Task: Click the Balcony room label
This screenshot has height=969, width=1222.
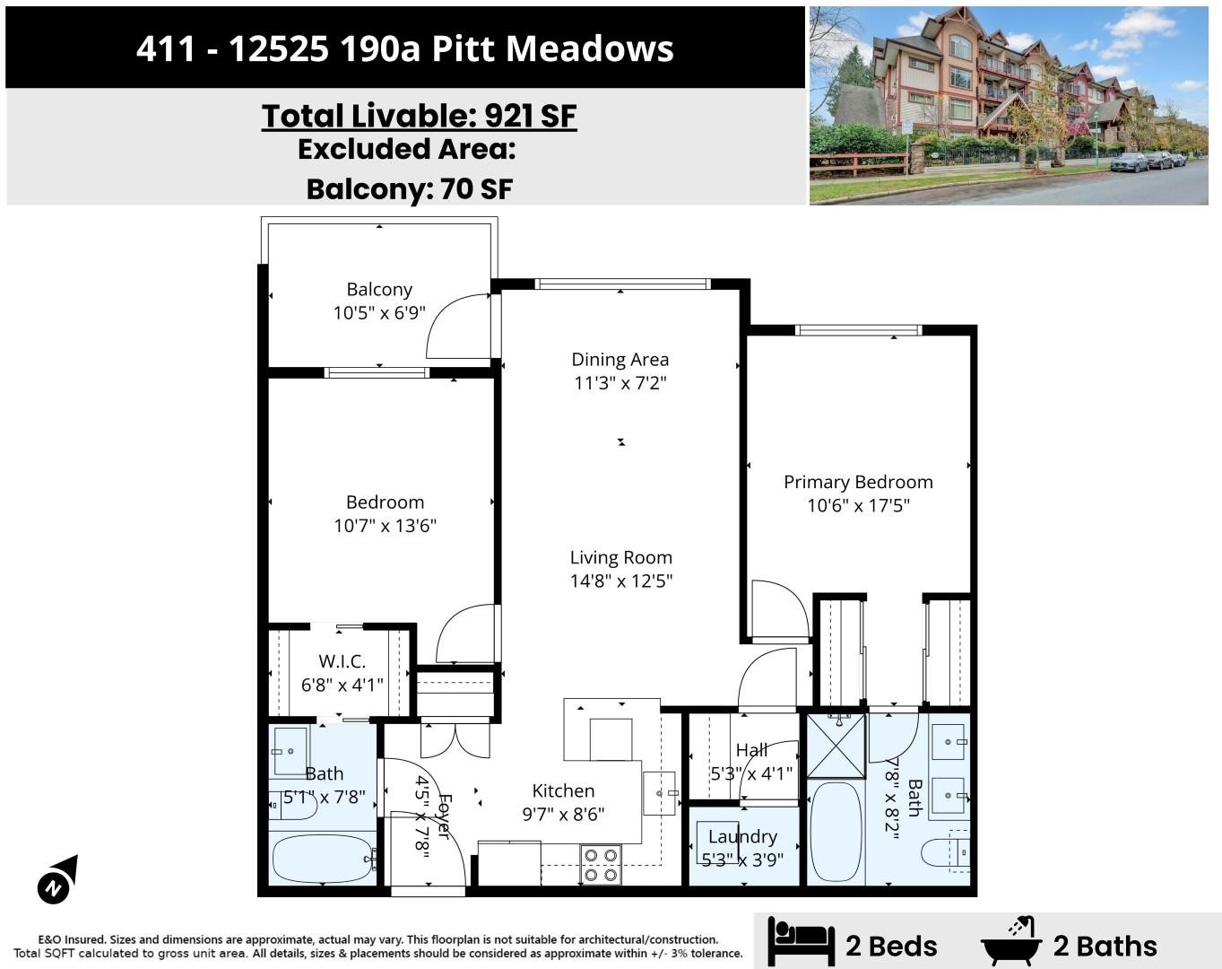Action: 379,289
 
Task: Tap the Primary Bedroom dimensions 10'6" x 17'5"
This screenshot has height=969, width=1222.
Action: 858,505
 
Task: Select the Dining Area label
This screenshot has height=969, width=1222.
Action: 620,359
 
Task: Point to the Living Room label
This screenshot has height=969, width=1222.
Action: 621,557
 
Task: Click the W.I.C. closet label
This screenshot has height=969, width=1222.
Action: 342,661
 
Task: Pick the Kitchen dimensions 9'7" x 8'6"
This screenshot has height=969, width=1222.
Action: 563,815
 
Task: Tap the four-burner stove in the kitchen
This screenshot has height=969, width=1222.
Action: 601,864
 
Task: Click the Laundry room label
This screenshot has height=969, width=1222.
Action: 742,836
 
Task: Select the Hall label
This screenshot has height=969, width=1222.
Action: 752,750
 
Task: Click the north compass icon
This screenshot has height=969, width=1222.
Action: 58,879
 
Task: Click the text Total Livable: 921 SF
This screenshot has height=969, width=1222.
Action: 419,116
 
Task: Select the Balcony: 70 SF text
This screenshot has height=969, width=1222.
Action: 410,189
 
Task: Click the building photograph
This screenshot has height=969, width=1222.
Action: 1009,106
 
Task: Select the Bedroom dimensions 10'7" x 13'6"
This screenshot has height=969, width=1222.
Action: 385,526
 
